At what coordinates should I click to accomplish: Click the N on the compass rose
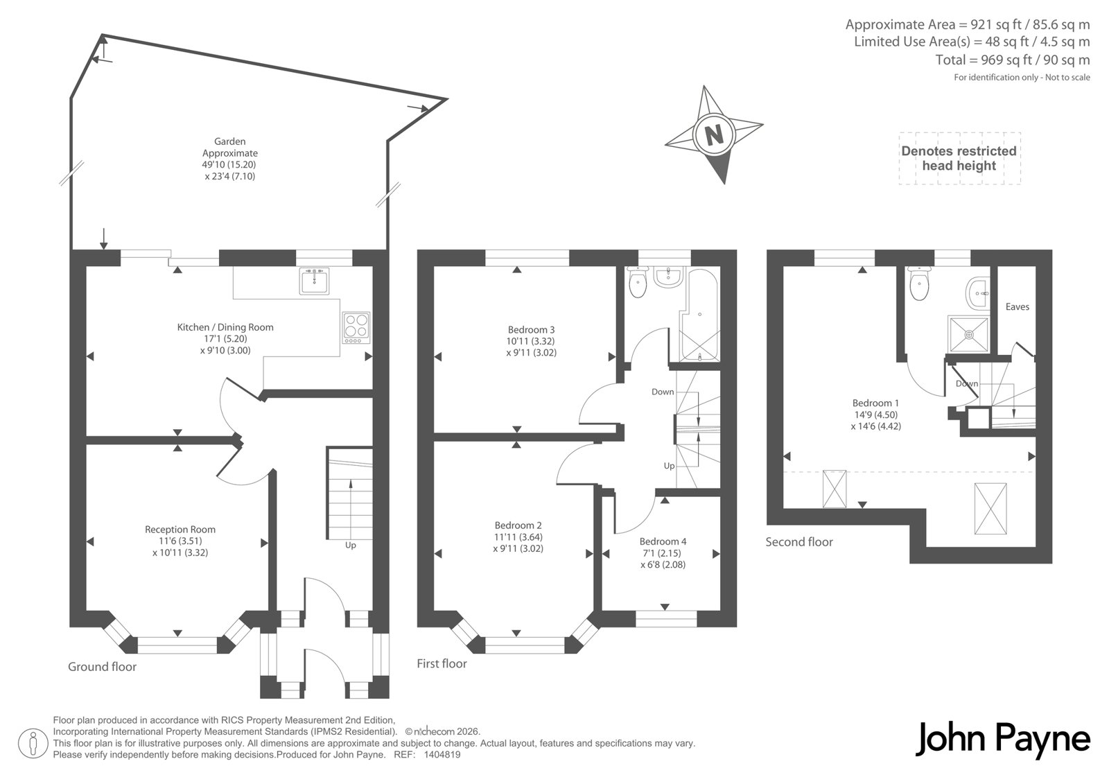713,134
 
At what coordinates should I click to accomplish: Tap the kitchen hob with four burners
356,327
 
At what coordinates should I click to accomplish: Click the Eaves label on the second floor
1018,306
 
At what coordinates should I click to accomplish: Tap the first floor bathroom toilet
638,281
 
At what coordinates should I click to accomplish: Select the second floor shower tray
968,334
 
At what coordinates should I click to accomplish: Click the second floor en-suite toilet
919,283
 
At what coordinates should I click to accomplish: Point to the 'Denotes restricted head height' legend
959,159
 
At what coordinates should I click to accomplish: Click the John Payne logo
1002,740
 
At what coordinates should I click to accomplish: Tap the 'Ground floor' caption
102,667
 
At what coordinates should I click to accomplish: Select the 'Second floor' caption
799,542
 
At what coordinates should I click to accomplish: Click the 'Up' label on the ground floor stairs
351,546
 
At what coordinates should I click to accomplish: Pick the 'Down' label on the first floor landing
663,392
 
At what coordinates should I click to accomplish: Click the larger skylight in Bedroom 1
990,508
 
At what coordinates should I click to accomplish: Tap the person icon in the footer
33,744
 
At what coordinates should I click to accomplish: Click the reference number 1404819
442,755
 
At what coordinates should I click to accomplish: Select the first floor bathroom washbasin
670,277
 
